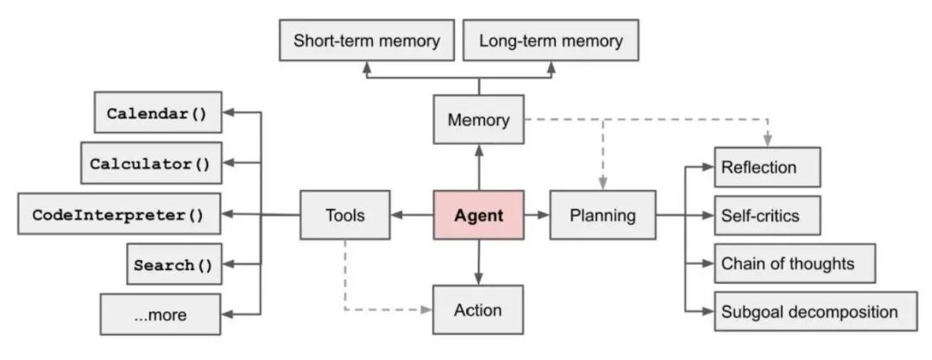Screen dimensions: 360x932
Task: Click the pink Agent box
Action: point(478,215)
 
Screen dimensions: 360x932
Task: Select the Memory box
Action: point(478,120)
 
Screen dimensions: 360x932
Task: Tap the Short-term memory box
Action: point(367,41)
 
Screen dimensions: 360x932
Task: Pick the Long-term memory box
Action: point(551,41)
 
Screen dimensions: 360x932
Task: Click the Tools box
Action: point(344,215)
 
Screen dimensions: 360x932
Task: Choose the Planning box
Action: point(602,215)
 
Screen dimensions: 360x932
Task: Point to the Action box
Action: point(478,310)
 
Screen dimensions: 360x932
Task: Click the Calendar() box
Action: point(156,113)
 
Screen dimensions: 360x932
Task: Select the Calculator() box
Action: point(150,163)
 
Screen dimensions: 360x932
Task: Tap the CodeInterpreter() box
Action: point(117,214)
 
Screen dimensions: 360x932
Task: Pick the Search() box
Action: point(173,265)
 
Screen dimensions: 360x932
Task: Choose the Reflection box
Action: point(767,167)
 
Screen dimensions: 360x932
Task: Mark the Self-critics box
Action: point(767,216)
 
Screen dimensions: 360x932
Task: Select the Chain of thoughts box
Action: point(795,263)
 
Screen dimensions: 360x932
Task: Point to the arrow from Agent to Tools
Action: point(411,215)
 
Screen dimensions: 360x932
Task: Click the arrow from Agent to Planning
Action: point(536,215)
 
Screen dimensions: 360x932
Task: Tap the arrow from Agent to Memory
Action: point(478,167)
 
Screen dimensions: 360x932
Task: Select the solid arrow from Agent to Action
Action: point(478,262)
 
